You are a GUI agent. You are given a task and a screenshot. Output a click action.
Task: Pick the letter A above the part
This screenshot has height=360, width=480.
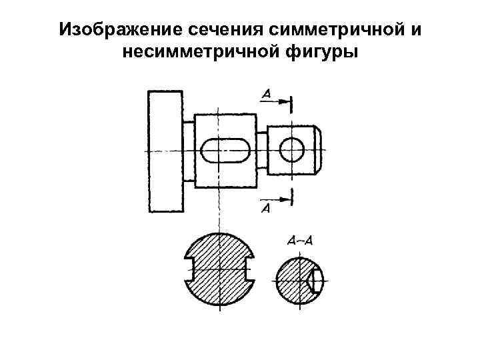tap(266, 95)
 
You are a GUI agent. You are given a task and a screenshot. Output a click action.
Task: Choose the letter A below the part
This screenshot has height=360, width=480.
tap(265, 209)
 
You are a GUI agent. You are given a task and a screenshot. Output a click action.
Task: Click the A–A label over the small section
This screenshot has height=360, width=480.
tap(299, 240)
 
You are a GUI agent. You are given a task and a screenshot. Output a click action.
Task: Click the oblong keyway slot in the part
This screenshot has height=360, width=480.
tap(226, 151)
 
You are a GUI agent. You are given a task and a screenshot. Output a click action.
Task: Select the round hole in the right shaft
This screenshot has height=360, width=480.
tap(291, 150)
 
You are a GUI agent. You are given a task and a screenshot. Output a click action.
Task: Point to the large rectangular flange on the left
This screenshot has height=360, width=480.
tap(164, 151)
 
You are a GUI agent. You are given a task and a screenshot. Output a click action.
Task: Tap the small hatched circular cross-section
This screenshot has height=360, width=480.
tap(292, 279)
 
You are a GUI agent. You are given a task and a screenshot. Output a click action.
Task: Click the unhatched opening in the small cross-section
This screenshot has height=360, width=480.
tap(317, 280)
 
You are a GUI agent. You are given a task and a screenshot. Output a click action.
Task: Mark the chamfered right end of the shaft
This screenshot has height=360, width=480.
tap(319, 150)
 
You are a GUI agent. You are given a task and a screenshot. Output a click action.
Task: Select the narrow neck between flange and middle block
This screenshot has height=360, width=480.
tap(189, 151)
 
